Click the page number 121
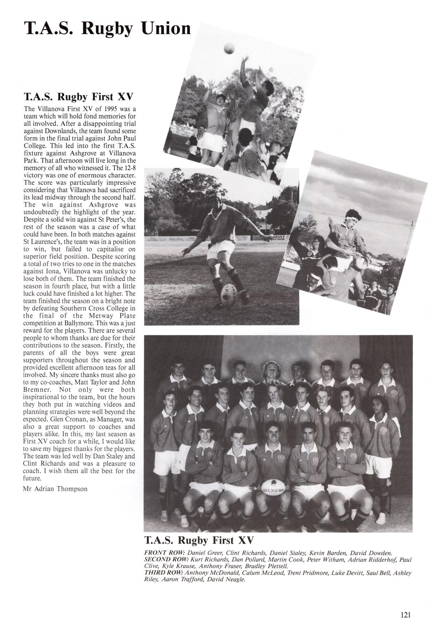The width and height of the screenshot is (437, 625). [406, 605]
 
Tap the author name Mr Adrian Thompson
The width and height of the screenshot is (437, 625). [55, 489]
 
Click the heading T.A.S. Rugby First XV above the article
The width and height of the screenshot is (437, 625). [78, 97]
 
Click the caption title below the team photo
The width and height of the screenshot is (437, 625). [199, 540]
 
